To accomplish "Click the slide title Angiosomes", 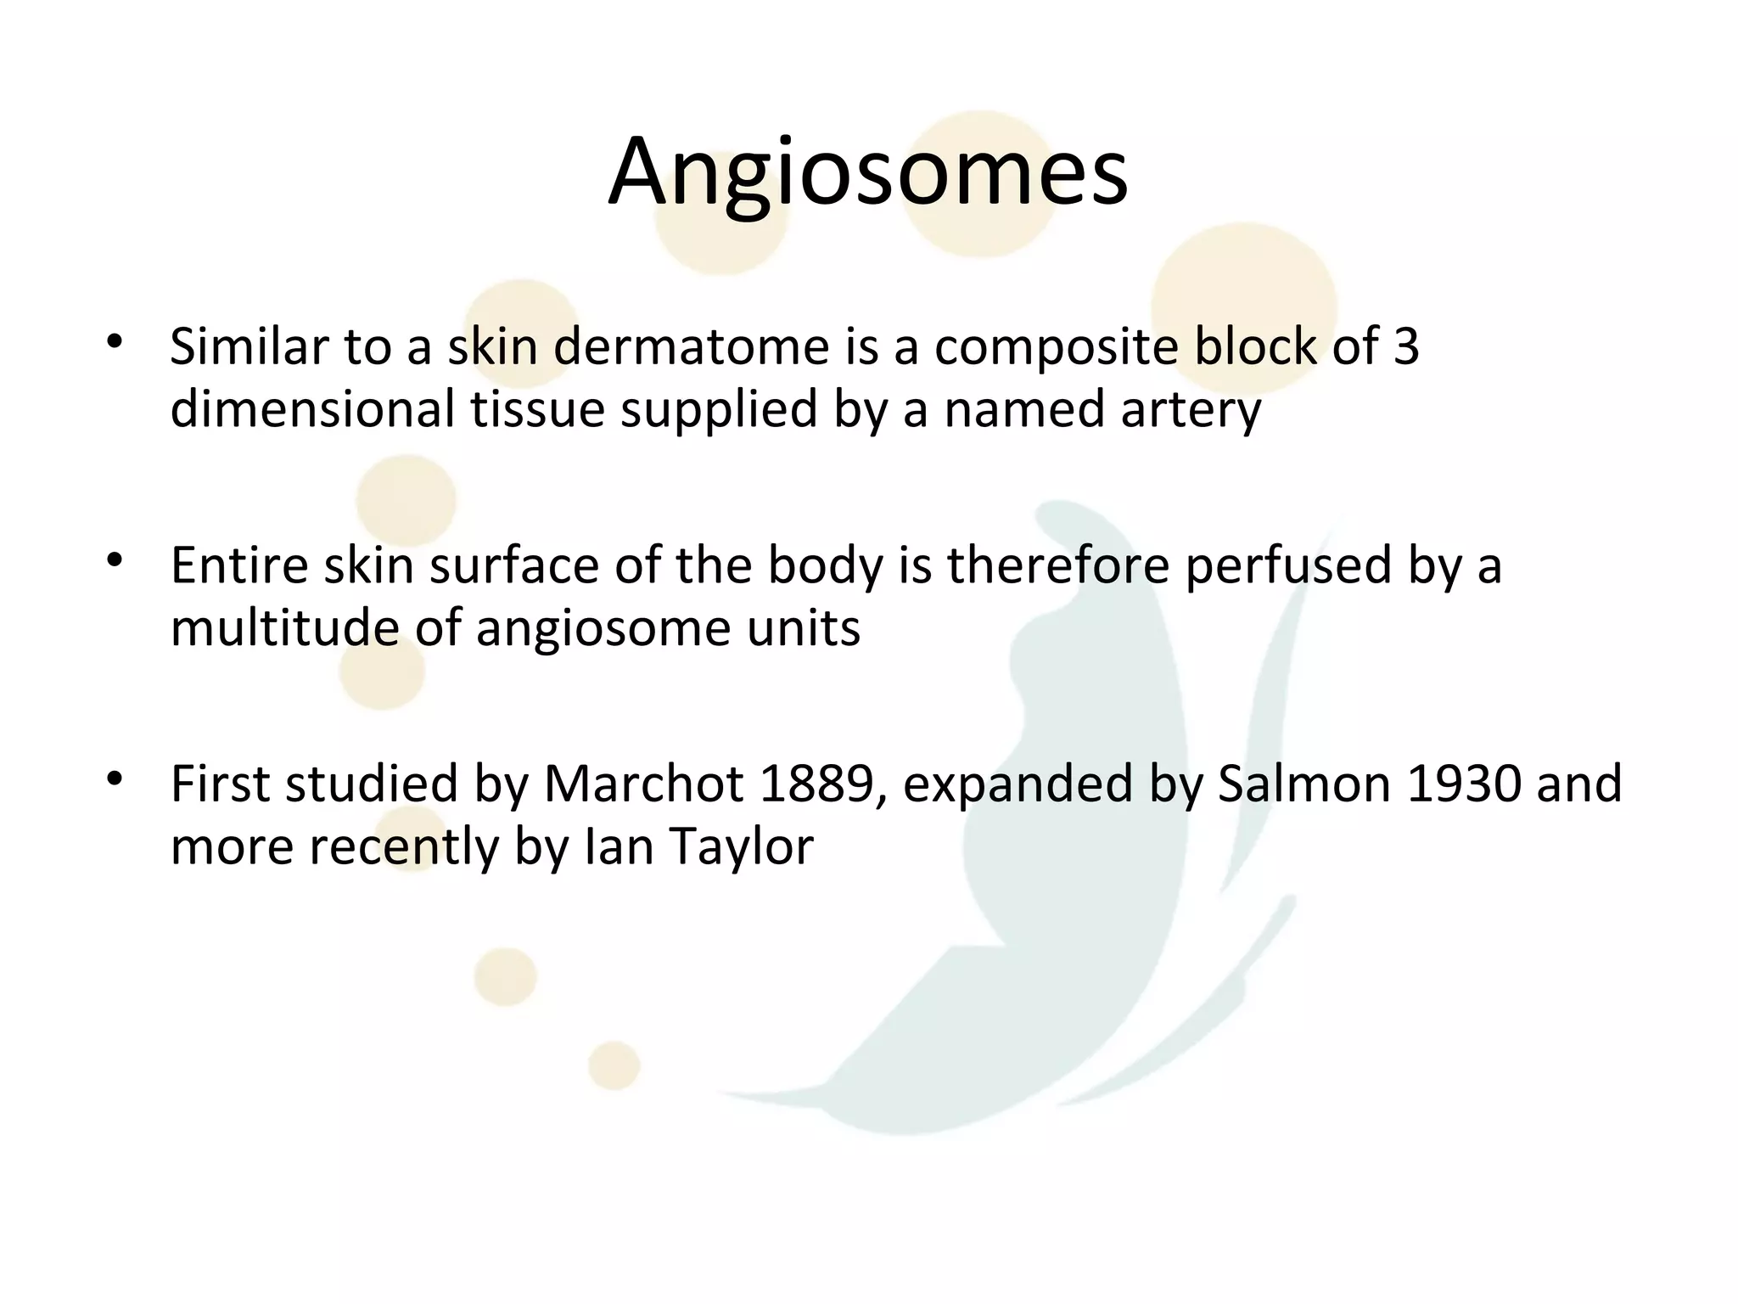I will pyautogui.click(x=868, y=172).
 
